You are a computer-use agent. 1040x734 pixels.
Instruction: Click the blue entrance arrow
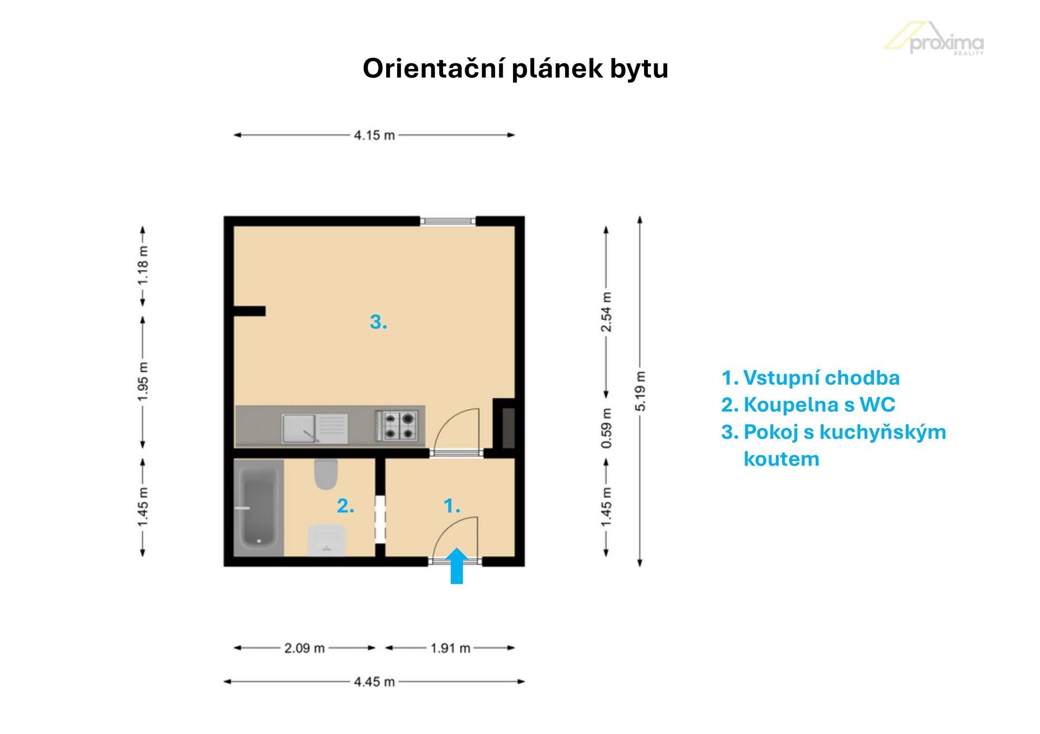(x=457, y=566)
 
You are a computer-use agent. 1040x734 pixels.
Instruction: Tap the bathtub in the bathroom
(x=259, y=508)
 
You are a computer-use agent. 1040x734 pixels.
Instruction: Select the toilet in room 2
(x=326, y=474)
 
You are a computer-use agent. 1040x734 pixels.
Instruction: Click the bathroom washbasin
(x=326, y=540)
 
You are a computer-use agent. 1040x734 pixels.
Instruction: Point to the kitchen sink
(x=315, y=428)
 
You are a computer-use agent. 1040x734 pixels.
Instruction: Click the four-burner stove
(x=396, y=425)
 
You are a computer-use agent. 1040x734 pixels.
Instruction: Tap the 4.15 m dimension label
(x=374, y=135)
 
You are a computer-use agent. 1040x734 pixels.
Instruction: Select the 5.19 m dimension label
(x=640, y=391)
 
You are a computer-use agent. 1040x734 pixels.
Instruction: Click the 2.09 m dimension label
(x=304, y=647)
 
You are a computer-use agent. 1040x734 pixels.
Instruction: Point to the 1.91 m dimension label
(x=450, y=647)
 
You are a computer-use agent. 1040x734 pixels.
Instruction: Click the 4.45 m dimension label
(x=374, y=681)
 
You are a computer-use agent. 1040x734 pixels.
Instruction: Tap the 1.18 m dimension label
(x=143, y=265)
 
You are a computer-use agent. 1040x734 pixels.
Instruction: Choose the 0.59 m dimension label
(x=607, y=428)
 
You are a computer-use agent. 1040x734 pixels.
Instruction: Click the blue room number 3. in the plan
(x=379, y=322)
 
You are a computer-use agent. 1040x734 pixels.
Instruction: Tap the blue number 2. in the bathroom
(x=346, y=506)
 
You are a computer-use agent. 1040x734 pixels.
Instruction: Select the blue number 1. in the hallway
(x=452, y=506)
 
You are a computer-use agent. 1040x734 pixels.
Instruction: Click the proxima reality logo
(x=934, y=38)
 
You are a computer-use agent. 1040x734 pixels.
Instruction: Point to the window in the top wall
(x=448, y=221)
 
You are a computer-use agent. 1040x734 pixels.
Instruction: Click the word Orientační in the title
(x=433, y=68)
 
